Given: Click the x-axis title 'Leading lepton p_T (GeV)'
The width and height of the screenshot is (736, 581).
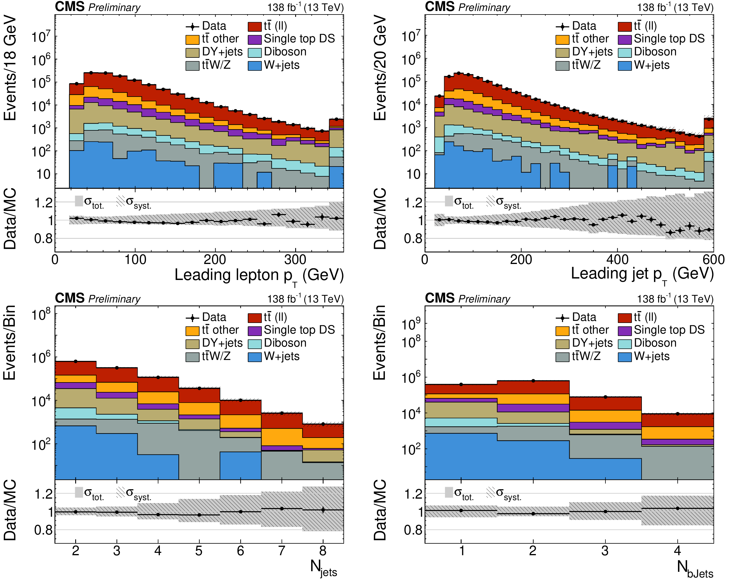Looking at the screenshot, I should (259, 276).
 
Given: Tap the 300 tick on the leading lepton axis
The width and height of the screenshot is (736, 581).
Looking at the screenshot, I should (295, 260).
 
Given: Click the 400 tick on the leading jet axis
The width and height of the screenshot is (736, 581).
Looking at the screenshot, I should (617, 260).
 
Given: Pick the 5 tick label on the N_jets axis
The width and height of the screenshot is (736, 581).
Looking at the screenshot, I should (199, 551).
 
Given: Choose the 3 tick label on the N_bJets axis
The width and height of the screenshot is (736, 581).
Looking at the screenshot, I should (605, 551).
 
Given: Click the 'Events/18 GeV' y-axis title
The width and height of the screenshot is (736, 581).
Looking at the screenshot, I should (10, 68).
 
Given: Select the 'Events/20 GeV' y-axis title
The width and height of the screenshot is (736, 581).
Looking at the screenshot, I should (380, 68).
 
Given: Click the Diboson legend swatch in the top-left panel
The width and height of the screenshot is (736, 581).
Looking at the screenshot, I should (255, 52).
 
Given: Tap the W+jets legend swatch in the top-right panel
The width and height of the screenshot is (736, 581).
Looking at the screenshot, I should (624, 65).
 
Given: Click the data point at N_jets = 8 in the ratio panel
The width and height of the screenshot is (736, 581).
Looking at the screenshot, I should (323, 510).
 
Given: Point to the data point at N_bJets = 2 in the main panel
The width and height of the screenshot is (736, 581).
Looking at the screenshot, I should (533, 381).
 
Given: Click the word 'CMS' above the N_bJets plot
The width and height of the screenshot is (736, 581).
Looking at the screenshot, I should (440, 298).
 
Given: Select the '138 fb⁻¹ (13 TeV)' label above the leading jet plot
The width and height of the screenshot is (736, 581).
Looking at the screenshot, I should (675, 7).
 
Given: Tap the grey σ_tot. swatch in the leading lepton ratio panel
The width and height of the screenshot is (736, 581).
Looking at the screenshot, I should (79, 201).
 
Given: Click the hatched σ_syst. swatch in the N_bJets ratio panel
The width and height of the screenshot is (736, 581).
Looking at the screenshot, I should (491, 492).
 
